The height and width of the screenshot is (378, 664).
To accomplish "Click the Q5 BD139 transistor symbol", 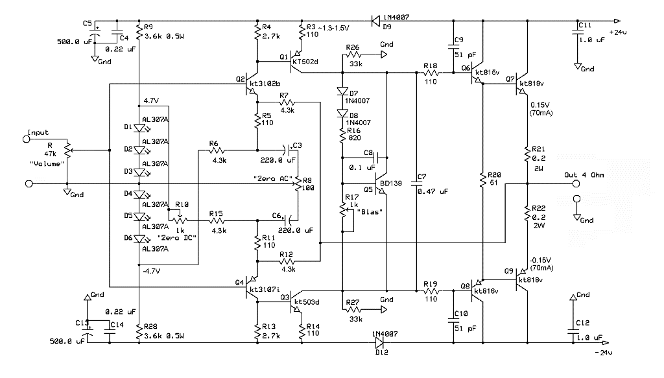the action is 382,183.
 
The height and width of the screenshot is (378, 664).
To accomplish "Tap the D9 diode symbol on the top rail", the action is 375,21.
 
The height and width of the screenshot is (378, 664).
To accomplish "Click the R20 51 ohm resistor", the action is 482,179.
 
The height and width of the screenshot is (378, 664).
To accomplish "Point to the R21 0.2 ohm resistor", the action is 527,154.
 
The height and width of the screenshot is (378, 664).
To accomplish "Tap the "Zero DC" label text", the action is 176,238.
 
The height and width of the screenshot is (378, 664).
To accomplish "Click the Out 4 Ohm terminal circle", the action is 576,183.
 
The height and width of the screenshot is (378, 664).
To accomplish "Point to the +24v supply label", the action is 618,32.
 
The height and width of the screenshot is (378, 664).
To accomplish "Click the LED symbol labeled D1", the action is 139,127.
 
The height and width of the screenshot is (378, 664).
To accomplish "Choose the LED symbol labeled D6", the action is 139,239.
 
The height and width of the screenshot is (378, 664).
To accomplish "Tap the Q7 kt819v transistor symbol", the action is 521,84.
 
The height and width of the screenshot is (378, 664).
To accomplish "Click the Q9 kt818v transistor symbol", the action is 521,280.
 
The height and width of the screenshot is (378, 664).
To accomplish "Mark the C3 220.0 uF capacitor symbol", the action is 287,149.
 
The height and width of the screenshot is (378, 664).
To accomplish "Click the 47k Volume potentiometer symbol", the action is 67,149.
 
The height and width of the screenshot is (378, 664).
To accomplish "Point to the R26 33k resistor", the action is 353,54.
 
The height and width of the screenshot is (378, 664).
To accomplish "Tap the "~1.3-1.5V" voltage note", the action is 333,27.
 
